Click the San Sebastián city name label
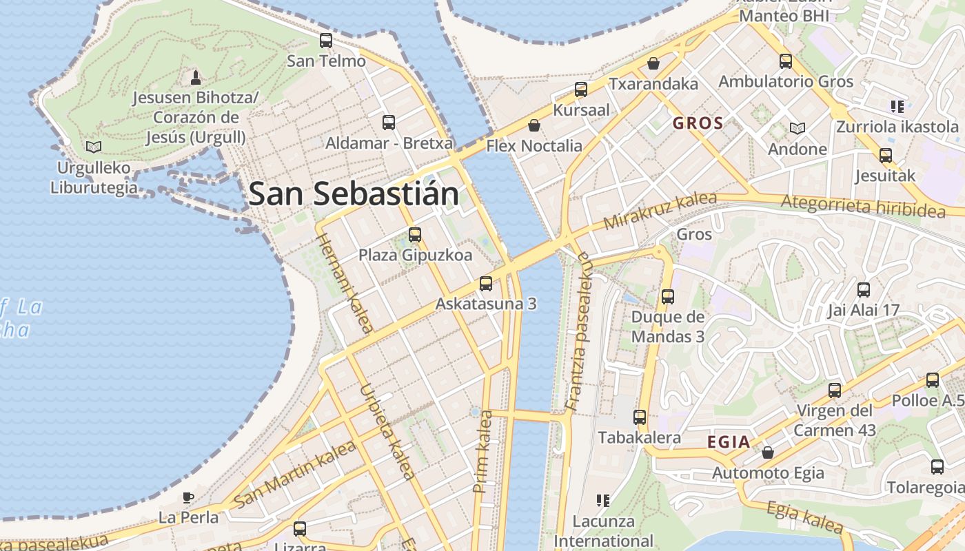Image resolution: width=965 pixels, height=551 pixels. pyautogui.click(x=354, y=194)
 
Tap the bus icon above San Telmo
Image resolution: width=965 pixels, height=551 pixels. pyautogui.click(x=326, y=41)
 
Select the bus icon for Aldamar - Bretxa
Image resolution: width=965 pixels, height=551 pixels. pyautogui.click(x=389, y=123)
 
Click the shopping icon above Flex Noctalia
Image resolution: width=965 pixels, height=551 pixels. pyautogui.click(x=534, y=125)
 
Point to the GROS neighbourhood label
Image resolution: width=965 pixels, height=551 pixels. pyautogui.click(x=698, y=124)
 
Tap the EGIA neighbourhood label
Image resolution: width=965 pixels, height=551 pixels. pyautogui.click(x=729, y=442)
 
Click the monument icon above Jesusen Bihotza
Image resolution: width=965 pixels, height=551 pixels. pyautogui.click(x=196, y=76)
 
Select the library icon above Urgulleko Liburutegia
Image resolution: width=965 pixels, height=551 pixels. pyautogui.click(x=93, y=147)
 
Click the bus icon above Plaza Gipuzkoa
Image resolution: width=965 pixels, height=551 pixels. pyautogui.click(x=414, y=235)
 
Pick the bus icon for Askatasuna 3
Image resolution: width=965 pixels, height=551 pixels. pyautogui.click(x=486, y=283)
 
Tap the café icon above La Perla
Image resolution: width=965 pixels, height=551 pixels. pyautogui.click(x=188, y=497)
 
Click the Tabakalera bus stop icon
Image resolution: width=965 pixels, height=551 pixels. pyautogui.click(x=640, y=417)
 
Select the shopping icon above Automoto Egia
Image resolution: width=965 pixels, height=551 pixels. pyautogui.click(x=768, y=453)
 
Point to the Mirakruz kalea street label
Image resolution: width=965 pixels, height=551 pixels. pyautogui.click(x=659, y=211)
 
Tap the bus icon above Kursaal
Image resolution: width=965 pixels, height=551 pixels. pyautogui.click(x=581, y=90)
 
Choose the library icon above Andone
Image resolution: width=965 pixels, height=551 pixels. pyautogui.click(x=798, y=128)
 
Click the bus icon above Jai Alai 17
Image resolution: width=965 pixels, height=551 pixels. pyautogui.click(x=864, y=290)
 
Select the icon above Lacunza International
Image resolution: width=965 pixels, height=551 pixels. pyautogui.click(x=603, y=500)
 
